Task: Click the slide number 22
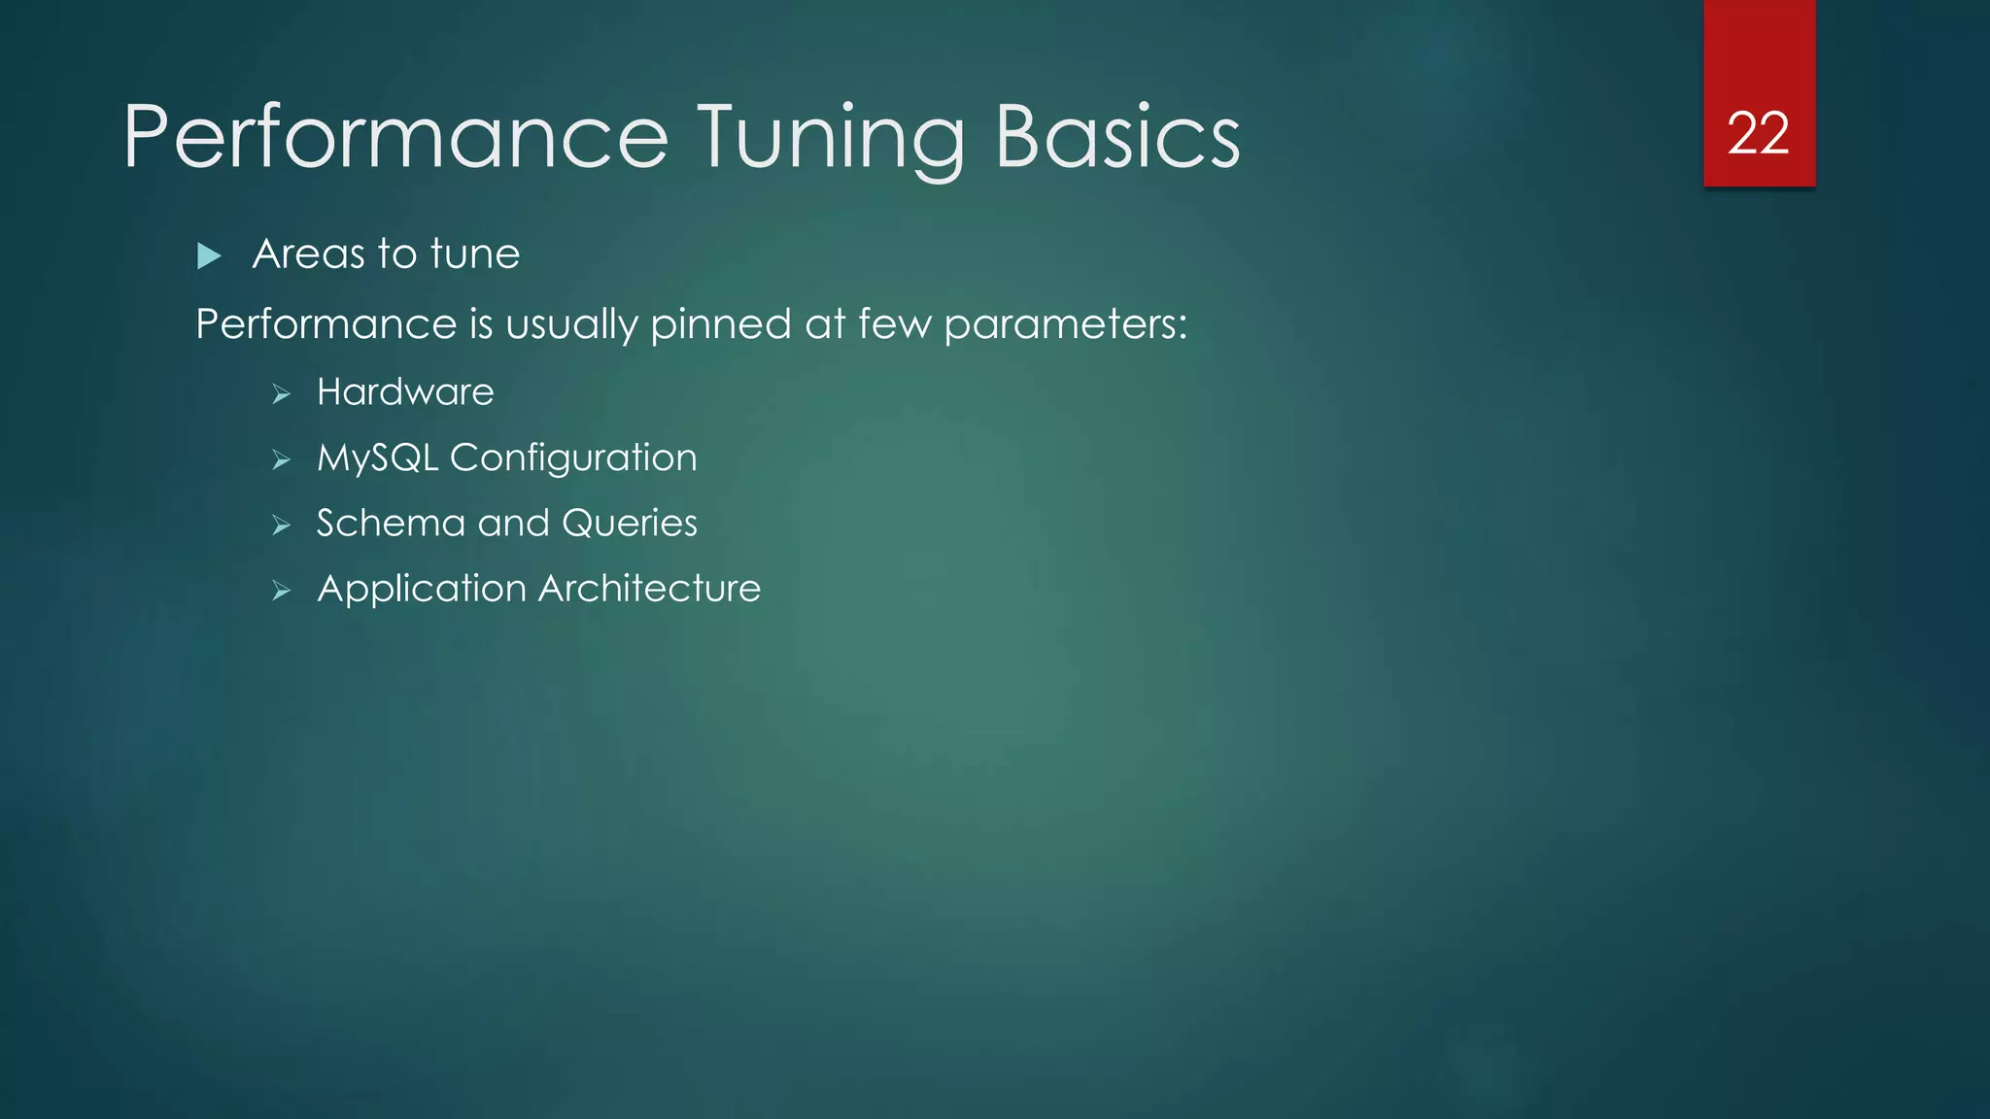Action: pyautogui.click(x=1758, y=133)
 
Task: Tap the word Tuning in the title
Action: pyautogui.click(x=832, y=137)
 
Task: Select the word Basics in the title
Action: pyautogui.click(x=1117, y=137)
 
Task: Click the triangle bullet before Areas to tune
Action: pyautogui.click(x=209, y=256)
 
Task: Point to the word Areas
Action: pyautogui.click(x=308, y=254)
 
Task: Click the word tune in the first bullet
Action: pyautogui.click(x=475, y=254)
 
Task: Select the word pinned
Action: pyautogui.click(x=720, y=324)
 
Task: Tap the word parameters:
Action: pyautogui.click(x=1065, y=324)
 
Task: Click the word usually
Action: pyautogui.click(x=571, y=324)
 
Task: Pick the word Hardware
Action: pyautogui.click(x=405, y=392)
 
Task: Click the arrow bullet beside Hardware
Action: pyautogui.click(x=282, y=394)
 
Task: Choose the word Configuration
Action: pyautogui.click(x=573, y=458)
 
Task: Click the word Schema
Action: pyautogui.click(x=391, y=524)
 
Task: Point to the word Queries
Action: pyautogui.click(x=630, y=524)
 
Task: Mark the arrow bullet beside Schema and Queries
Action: pyautogui.click(x=282, y=526)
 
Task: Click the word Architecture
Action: pyautogui.click(x=649, y=589)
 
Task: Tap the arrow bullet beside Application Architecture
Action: pyautogui.click(x=282, y=591)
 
